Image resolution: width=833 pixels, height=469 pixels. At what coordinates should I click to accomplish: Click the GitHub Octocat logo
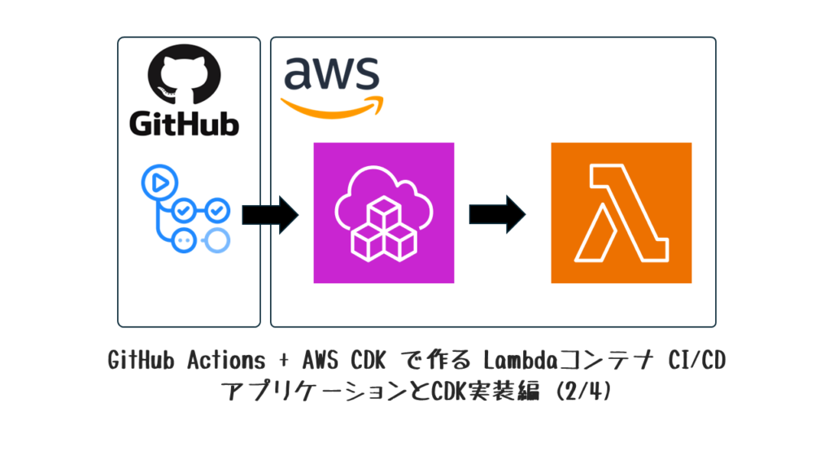click(184, 75)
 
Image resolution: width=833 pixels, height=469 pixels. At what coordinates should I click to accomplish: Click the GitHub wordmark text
click(184, 124)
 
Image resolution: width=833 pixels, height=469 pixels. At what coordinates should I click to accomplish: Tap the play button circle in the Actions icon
click(159, 182)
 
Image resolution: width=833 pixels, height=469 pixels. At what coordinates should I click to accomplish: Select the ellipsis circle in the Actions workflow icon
click(184, 240)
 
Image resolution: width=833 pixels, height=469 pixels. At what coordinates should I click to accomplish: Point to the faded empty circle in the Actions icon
click(216, 240)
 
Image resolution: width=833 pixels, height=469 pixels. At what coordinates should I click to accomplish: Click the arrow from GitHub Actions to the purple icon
click(270, 215)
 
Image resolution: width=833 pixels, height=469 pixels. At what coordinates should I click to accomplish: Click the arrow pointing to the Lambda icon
click(497, 214)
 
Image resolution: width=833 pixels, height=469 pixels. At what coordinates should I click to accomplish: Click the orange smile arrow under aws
click(333, 107)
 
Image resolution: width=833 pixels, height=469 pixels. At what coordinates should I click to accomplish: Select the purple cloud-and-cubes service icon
click(384, 213)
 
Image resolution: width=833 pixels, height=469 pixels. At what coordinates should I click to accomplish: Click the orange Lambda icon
click(621, 213)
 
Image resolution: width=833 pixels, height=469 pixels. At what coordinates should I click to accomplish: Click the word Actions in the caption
click(226, 361)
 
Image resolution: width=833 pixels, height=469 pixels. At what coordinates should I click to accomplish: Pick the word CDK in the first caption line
click(368, 361)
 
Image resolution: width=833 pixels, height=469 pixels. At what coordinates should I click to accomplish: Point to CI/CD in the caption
click(696, 361)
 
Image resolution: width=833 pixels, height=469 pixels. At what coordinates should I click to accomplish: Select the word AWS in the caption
click(321, 361)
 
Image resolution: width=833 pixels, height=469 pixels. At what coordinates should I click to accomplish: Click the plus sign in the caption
click(284, 361)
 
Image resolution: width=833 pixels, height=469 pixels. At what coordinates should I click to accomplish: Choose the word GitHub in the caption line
click(141, 361)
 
